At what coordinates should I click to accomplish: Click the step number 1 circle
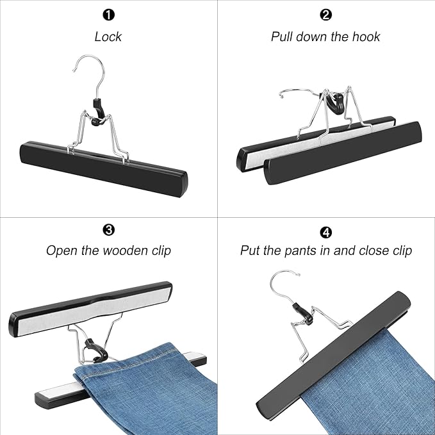108,14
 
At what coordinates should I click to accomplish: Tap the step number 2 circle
325,14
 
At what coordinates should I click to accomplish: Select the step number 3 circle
108,229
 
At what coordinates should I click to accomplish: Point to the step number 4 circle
325,229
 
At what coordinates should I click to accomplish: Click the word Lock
108,37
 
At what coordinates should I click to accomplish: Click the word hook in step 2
364,37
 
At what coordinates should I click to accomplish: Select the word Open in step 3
61,250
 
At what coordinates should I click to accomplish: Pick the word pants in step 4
312,250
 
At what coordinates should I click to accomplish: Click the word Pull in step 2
284,37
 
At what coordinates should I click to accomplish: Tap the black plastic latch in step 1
97,109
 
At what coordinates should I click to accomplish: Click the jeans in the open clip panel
141,378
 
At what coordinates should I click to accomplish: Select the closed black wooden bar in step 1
103,167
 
